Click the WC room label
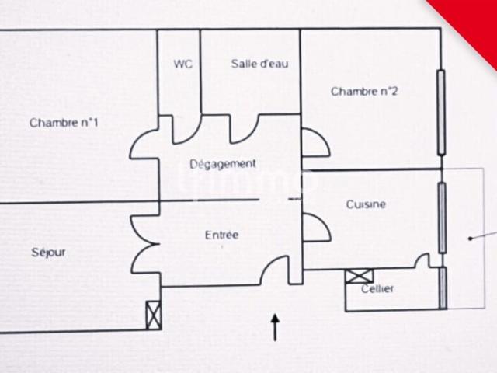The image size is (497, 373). coord(183,64)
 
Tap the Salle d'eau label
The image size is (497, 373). coord(259,64)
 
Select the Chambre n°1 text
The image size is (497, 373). coord(64,123)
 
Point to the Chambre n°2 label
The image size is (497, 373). coord(364,92)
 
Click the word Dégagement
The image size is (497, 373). coord(223,164)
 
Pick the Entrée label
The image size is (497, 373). coord(221,235)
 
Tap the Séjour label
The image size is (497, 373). coord(48,253)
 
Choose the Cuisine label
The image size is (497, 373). coord(366,204)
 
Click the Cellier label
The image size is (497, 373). coord(377,288)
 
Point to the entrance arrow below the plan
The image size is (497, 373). coord(275,328)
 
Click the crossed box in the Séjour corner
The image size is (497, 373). coord(154,315)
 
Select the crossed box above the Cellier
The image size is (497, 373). coord(359,276)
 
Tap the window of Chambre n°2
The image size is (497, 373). coord(441,113)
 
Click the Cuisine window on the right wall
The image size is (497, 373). coord(442,218)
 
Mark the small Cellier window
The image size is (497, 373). coord(443,288)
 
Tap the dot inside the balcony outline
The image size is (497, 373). coord(471,239)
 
